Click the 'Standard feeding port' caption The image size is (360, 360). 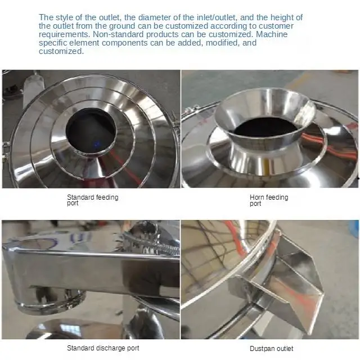click(92, 200)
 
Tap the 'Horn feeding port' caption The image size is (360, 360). click(268, 200)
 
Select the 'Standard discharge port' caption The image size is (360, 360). click(103, 348)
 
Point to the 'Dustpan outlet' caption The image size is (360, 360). click(272, 349)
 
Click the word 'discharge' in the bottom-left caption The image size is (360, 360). click(110, 348)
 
